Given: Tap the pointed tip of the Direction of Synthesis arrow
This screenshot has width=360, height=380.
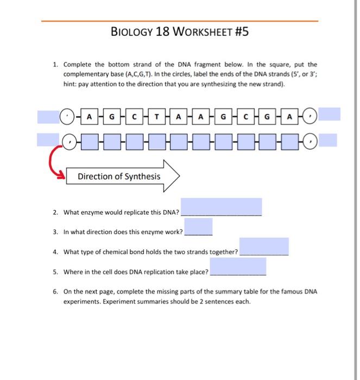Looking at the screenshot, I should click(x=180, y=176).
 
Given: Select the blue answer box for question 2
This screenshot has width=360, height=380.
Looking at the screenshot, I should click(x=221, y=207).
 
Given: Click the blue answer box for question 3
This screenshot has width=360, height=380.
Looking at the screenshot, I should click(x=198, y=226).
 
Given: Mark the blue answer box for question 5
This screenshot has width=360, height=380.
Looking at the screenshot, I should click(x=238, y=266).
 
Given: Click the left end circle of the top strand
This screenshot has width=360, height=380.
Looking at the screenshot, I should click(x=66, y=116).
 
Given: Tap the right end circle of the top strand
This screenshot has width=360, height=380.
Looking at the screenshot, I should click(x=310, y=116).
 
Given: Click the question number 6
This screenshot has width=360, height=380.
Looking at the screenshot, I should click(x=55, y=292).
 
